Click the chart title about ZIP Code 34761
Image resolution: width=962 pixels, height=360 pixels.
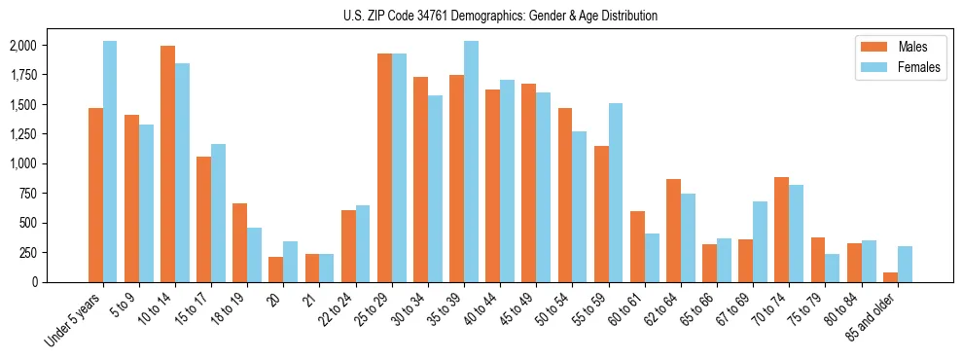coord(500,16)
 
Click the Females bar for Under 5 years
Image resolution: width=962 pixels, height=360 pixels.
coord(110,162)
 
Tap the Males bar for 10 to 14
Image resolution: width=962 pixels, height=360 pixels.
coord(167,163)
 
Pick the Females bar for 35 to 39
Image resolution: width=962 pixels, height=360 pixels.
coord(471,162)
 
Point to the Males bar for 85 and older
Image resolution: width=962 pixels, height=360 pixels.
coord(891,277)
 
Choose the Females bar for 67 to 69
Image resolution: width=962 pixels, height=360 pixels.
coord(760,241)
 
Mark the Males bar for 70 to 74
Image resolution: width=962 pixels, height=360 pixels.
coord(782,230)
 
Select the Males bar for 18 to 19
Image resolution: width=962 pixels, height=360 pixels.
coord(240,242)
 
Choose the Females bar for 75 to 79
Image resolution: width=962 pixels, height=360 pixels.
coord(833,268)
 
